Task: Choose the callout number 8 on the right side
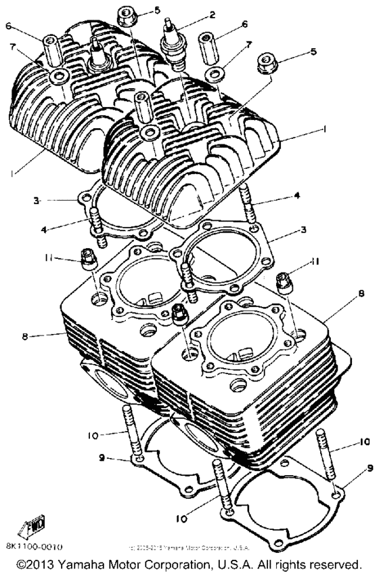tap(362, 295)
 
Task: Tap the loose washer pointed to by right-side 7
tap(217, 71)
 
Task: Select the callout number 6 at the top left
tap(9, 26)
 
